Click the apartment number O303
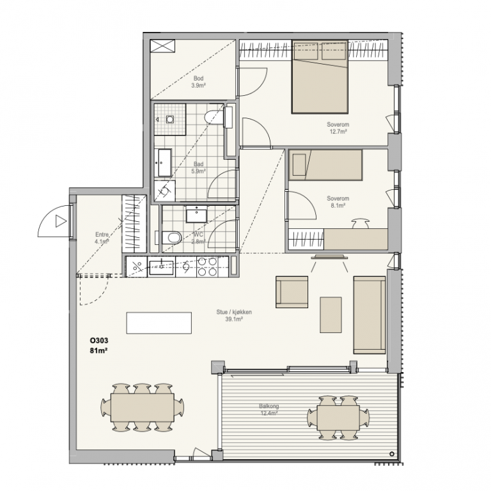point(99,340)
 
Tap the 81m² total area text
point(99,351)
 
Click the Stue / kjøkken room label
point(234,312)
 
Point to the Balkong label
point(269,406)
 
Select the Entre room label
point(102,235)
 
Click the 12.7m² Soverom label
point(338,128)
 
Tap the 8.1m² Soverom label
point(338,202)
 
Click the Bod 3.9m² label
point(199,82)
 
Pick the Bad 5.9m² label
point(199,168)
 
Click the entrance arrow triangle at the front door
point(61,221)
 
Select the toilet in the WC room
point(171,237)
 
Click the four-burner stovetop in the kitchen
point(207,267)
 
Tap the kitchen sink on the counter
point(161,268)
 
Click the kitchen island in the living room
point(159,323)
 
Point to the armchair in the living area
point(292,292)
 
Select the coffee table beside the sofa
point(331,315)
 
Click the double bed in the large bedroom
point(320,77)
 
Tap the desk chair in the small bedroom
point(361,223)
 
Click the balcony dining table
point(338,418)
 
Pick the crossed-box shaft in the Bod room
point(162,46)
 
